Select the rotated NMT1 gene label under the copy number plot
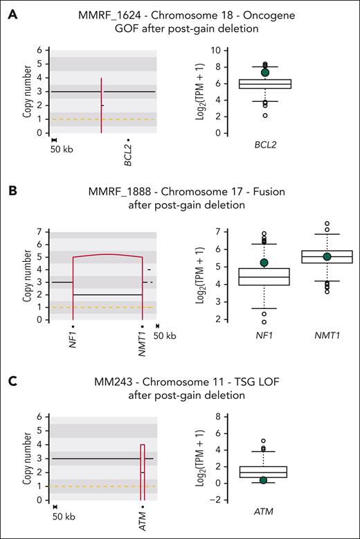point(142,339)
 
